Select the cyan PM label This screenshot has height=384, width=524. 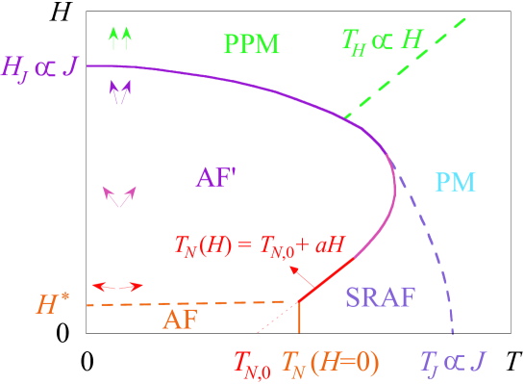[456, 182]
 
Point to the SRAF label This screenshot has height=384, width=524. [380, 297]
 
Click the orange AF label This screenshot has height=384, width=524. [179, 320]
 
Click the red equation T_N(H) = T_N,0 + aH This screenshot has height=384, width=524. [261, 246]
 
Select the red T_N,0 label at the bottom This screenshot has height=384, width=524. [253, 363]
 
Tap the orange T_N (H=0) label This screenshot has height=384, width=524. [331, 362]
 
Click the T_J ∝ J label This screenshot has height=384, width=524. [453, 362]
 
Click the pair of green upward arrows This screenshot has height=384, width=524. [120, 38]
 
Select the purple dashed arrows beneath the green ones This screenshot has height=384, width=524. [120, 92]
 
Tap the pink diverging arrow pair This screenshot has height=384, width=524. [120, 196]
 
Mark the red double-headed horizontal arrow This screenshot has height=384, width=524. [117, 286]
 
